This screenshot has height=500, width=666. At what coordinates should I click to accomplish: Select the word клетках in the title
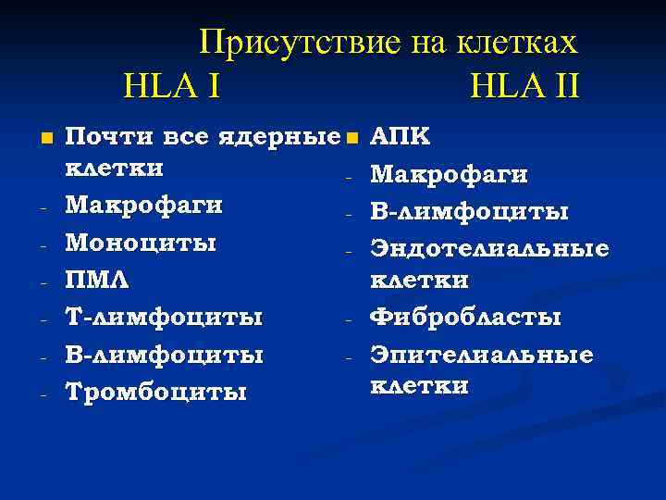click(518, 43)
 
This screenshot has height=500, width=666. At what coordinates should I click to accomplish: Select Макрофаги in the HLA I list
click(145, 205)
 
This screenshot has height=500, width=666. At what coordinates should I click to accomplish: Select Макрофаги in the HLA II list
click(450, 174)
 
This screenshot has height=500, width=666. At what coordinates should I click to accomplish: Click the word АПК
click(400, 137)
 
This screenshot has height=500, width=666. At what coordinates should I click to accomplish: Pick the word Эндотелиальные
click(489, 248)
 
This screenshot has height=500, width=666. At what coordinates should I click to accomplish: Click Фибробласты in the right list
click(465, 318)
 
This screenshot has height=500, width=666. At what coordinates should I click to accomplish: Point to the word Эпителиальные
click(482, 355)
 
